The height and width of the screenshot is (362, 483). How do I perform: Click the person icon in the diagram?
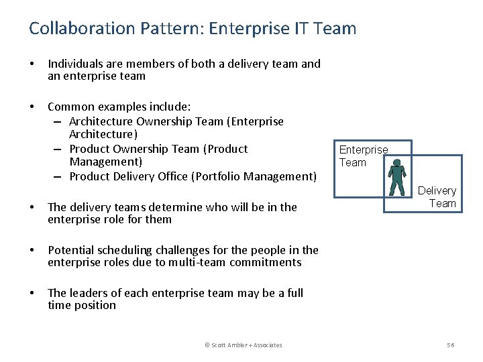(x=397, y=177)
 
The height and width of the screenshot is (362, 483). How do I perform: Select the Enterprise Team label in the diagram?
(x=364, y=156)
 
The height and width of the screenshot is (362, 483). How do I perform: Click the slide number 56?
(x=451, y=345)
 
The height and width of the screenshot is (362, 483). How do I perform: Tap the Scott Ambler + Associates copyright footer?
(x=244, y=345)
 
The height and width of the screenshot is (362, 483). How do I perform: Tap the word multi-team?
(x=199, y=262)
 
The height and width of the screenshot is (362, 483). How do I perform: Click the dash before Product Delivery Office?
(x=58, y=176)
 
